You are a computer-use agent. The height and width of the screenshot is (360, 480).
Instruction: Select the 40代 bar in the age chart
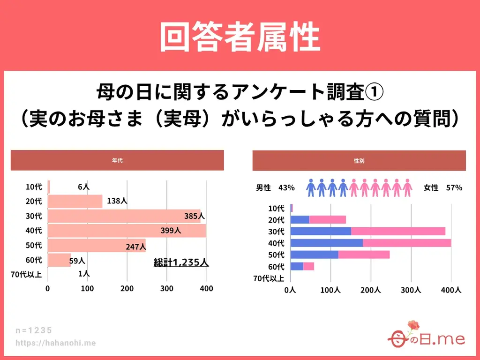point(127,231)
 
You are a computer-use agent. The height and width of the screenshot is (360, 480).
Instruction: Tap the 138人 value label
point(117,201)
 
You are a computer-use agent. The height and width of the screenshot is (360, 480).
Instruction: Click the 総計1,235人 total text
point(181,262)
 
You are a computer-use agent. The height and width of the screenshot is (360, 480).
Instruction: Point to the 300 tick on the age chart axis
point(167,289)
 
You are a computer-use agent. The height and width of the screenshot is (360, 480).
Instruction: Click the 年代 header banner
point(117,160)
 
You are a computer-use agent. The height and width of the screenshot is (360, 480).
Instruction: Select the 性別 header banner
point(359,160)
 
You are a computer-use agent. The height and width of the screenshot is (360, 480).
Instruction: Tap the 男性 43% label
point(275,187)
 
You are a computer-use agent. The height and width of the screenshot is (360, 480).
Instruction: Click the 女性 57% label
point(443,187)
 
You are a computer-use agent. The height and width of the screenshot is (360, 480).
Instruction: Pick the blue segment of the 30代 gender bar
point(321,231)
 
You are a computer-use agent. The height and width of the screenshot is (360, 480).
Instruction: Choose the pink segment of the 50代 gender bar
point(364,255)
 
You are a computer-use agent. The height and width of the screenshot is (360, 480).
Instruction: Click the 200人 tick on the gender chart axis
point(370,290)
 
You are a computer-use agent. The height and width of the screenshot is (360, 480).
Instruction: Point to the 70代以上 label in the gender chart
point(269,278)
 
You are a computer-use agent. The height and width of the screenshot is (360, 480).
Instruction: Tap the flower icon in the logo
point(412,325)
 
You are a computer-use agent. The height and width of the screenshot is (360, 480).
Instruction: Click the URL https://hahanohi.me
point(55,343)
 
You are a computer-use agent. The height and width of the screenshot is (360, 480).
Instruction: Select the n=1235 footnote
point(34,330)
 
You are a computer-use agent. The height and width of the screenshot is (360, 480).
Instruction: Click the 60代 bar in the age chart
point(59,260)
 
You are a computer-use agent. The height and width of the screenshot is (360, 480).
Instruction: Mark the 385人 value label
point(195,216)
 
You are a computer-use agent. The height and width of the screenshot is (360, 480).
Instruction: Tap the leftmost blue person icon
point(311,187)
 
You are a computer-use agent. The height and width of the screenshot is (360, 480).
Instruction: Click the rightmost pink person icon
point(407,187)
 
